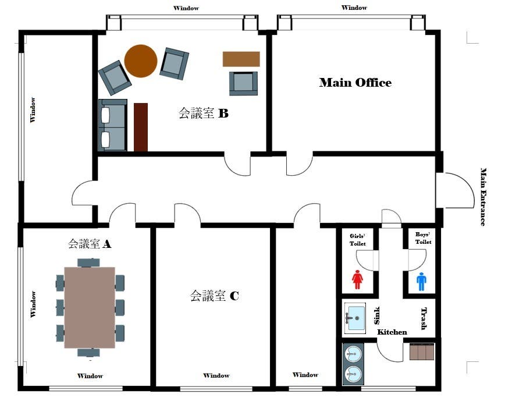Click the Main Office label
point(355,83)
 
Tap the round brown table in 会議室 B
point(141,61)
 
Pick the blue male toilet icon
point(421,282)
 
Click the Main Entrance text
point(483,197)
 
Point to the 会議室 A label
point(90,244)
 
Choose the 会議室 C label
point(214,296)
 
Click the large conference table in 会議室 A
point(90,307)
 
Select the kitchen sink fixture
point(354,317)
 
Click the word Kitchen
point(392,332)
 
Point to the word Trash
point(424,318)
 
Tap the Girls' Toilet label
point(357,240)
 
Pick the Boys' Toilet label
point(423,238)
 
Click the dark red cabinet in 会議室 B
point(141,127)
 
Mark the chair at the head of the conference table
point(88,262)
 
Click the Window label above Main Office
point(354,8)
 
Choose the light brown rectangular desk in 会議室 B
point(241,59)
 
